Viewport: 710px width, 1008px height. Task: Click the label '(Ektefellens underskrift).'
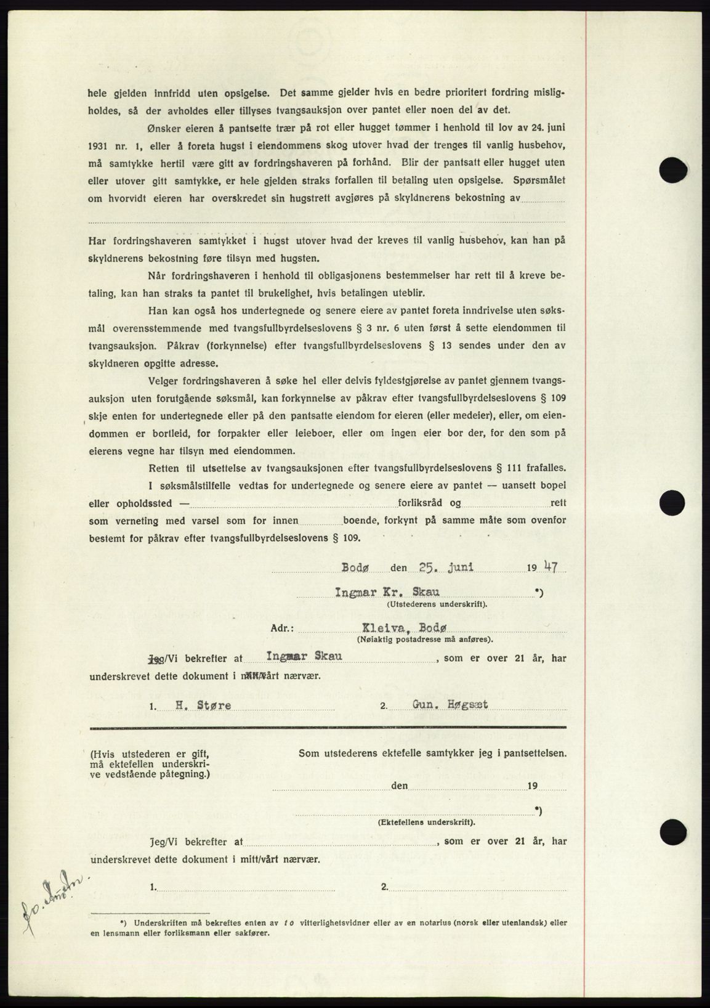coord(427,823)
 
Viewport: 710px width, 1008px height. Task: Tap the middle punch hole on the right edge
coord(672,502)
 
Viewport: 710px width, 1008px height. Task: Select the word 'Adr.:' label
coord(283,630)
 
